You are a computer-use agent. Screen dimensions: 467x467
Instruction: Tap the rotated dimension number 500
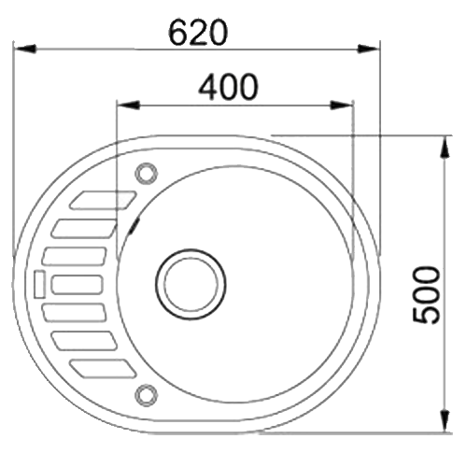[x=427, y=294]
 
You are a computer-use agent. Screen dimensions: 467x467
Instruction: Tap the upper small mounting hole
[x=146, y=172]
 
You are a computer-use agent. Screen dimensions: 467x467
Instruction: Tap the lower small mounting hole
[x=146, y=392]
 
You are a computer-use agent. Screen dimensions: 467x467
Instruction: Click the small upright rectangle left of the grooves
[x=39, y=284]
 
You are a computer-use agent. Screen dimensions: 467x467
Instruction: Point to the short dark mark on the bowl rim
[x=136, y=221]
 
